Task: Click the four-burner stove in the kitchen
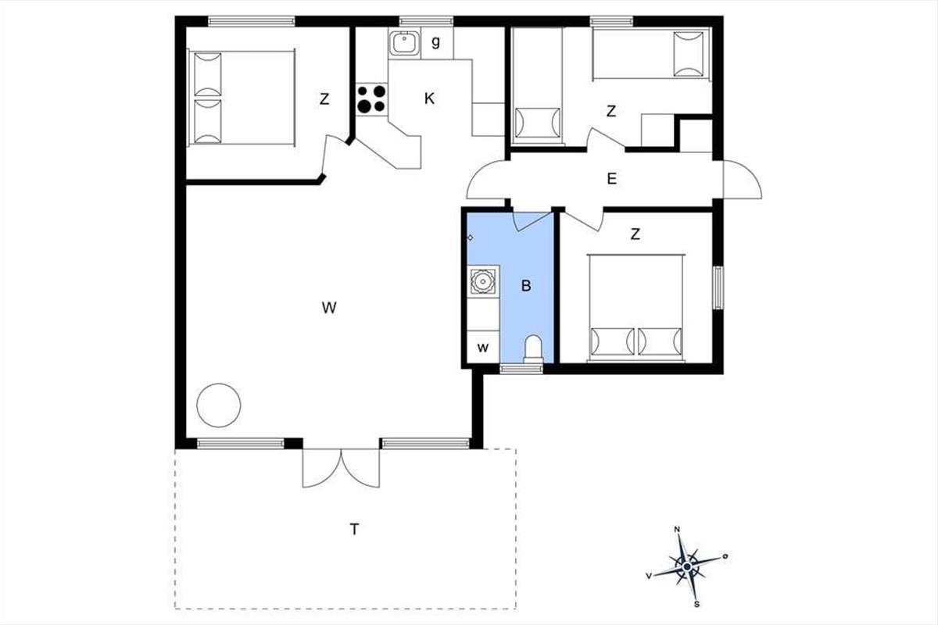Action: [x=372, y=98]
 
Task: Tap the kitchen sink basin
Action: [x=404, y=43]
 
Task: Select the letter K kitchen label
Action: [x=429, y=98]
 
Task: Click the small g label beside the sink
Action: [x=436, y=42]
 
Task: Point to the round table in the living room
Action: [x=219, y=405]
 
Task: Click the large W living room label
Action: [x=329, y=308]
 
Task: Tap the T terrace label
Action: [x=354, y=530]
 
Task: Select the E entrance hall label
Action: [x=612, y=179]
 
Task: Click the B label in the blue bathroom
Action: [x=526, y=286]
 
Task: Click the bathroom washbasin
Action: [x=483, y=281]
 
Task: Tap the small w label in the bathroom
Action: [x=483, y=348]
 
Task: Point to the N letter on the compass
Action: [x=677, y=530]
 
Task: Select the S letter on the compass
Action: [x=696, y=604]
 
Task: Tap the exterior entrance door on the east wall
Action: [x=742, y=179]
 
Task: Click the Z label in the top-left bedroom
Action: [x=324, y=99]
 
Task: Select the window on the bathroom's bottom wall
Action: [x=521, y=369]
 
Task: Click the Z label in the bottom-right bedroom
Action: [x=635, y=234]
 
